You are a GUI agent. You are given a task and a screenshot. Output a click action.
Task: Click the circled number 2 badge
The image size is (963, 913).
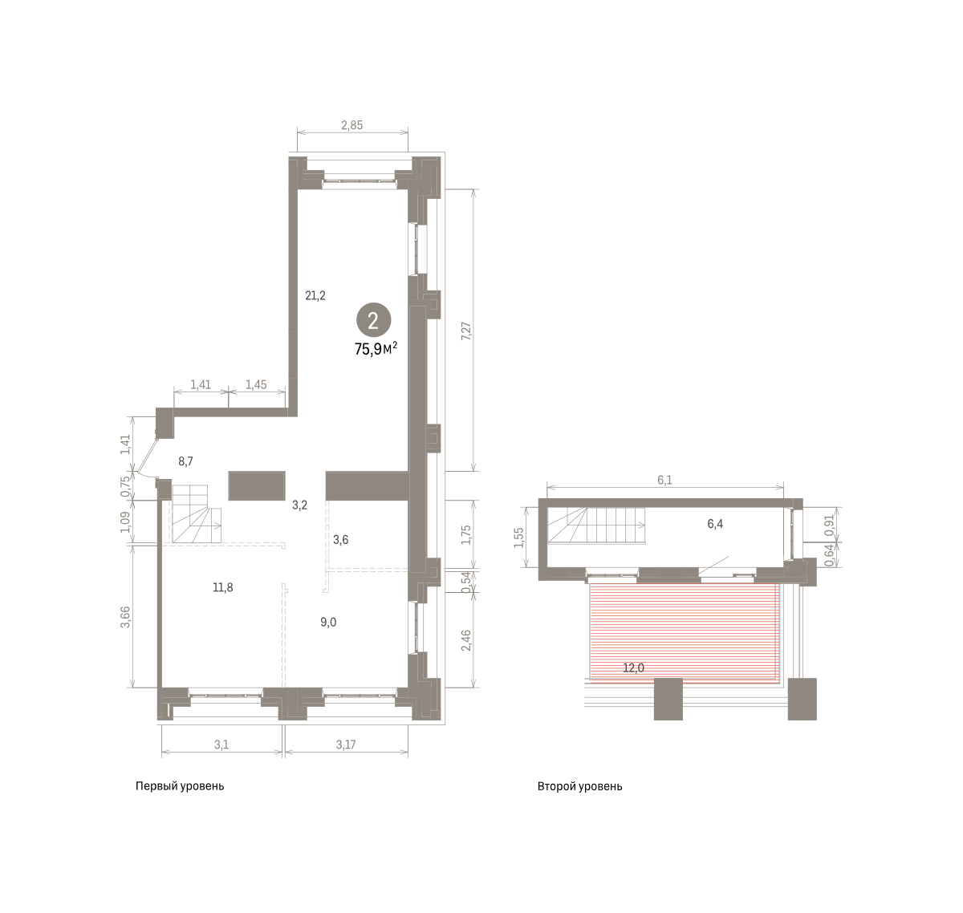[x=373, y=320]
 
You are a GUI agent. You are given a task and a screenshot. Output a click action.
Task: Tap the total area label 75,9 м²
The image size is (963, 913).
[x=376, y=349]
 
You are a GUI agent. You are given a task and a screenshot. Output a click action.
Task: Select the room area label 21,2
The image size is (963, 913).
[x=315, y=295]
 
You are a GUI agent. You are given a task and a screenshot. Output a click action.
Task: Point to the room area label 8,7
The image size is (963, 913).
[x=185, y=461]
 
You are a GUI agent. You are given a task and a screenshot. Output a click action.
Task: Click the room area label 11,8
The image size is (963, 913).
[x=223, y=587]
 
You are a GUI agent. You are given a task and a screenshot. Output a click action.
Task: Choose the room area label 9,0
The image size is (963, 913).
[x=328, y=622]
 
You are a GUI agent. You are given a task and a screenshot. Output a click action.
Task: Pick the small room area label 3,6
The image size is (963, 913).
[x=340, y=540]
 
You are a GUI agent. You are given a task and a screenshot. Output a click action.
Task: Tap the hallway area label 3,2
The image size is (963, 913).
[x=300, y=505]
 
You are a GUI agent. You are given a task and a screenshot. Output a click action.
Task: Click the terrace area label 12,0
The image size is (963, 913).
[x=633, y=668]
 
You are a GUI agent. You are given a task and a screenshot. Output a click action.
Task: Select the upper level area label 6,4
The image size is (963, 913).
[x=715, y=524]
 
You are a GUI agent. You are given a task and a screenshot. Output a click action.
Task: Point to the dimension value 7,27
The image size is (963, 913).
[x=465, y=331]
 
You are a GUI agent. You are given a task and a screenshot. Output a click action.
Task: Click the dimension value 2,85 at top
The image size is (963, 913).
[x=351, y=125]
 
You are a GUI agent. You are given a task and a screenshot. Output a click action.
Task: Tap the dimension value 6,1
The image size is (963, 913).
[x=664, y=481]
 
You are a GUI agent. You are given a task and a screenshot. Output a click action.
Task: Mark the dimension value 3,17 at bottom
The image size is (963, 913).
[x=346, y=745]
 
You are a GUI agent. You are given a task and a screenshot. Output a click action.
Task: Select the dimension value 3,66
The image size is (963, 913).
[x=126, y=617]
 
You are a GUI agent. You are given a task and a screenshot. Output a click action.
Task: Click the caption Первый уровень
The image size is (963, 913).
[x=180, y=786]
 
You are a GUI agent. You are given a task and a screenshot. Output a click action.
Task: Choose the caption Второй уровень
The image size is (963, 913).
[x=580, y=786]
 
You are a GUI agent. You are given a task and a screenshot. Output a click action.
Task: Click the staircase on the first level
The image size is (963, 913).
[x=196, y=513]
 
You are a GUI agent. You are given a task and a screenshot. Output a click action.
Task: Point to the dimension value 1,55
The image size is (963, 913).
[x=519, y=538]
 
